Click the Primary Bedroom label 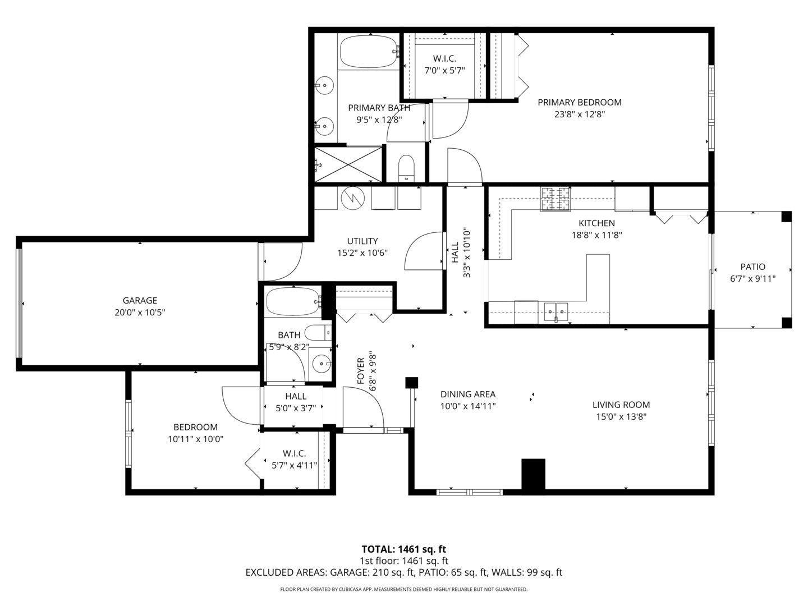coord(579,102)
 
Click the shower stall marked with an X coord(348,164)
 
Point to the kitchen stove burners coord(555,199)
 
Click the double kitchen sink coord(555,310)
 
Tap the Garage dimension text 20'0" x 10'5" coord(140,313)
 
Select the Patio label coord(752,267)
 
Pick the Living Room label coord(621,405)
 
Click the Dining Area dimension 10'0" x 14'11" coord(467,406)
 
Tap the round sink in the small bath coord(322,363)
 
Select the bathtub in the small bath coord(292,302)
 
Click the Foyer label coord(361,371)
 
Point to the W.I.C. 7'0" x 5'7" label coord(444,71)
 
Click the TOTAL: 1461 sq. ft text coord(403,549)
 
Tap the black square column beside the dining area coord(412,383)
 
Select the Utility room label coord(362,241)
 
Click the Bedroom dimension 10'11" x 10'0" coord(195,439)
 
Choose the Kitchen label coord(596,223)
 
